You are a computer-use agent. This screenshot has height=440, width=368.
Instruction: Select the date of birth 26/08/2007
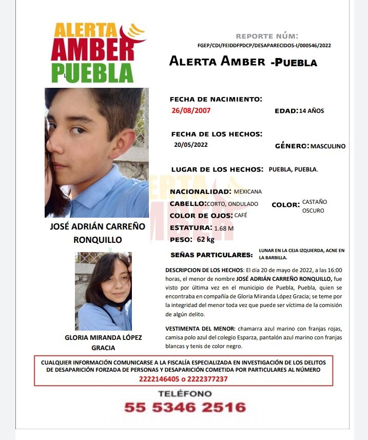click(x=191, y=110)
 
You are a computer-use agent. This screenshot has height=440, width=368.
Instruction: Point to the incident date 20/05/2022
click(x=191, y=145)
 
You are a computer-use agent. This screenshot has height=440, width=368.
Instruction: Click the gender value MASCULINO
click(x=328, y=146)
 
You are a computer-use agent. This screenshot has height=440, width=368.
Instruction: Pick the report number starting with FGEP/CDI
click(x=264, y=45)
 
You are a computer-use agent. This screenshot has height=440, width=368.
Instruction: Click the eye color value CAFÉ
click(x=241, y=216)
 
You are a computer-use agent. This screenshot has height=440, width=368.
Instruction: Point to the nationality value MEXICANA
click(x=247, y=192)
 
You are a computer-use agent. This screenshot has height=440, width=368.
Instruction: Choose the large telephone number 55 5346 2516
click(x=185, y=408)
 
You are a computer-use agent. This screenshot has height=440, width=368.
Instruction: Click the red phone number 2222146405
click(x=160, y=379)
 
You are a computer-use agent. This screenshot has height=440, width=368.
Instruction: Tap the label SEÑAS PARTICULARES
click(x=211, y=255)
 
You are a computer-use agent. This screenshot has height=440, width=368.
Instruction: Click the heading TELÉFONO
click(x=185, y=394)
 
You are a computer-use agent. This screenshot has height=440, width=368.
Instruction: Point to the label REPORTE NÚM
click(x=266, y=36)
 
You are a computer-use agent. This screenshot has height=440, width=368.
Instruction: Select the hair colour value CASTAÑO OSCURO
click(x=315, y=206)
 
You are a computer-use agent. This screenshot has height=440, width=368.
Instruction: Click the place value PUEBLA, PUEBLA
click(x=293, y=169)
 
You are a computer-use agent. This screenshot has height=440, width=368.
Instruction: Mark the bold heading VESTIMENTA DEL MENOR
click(x=200, y=329)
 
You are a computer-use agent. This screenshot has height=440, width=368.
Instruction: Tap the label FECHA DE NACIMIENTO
click(x=216, y=99)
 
